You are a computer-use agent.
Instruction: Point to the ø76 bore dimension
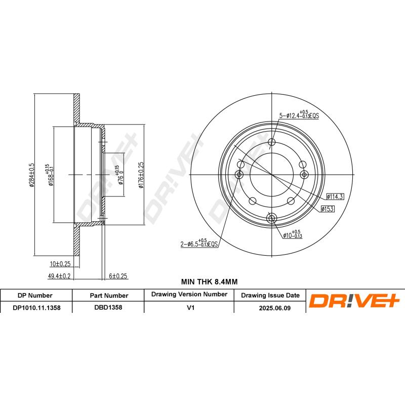120,175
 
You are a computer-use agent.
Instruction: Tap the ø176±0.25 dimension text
141,175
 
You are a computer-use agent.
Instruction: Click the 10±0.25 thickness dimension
61,264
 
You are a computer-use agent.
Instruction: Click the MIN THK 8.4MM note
209,281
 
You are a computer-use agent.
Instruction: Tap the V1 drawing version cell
189,307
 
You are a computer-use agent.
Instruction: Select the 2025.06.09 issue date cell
270,307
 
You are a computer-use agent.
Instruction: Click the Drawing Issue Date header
270,295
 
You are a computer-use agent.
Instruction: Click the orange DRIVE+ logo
354,301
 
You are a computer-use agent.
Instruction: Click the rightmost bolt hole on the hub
305,174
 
